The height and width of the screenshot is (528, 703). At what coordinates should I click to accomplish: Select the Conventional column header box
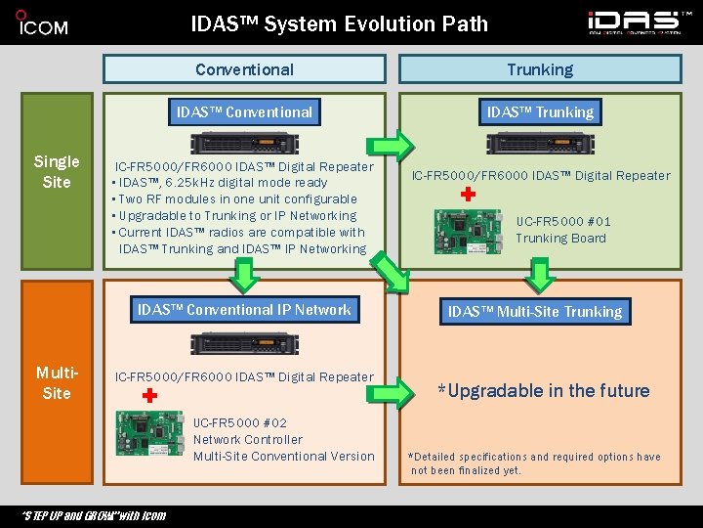coord(244,69)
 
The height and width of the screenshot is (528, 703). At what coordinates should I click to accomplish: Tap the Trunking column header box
coord(540,69)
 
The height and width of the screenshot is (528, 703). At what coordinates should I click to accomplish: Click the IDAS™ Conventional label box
coord(244,112)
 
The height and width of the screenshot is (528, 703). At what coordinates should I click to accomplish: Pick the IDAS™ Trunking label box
coord(540,112)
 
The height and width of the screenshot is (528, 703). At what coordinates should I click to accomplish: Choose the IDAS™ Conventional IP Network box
coord(244,311)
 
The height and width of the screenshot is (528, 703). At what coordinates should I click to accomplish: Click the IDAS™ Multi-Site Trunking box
coord(534,312)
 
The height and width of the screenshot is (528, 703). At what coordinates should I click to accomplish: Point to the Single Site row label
coord(57,171)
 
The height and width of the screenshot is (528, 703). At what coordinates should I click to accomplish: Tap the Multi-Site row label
coord(56,382)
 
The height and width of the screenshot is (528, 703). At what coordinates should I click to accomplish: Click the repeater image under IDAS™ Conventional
coord(244,144)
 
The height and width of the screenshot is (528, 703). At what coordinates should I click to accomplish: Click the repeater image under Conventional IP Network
coord(244,343)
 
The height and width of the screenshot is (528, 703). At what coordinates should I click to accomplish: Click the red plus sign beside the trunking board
coord(468,195)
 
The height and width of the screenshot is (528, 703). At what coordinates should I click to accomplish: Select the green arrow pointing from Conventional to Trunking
coord(394,146)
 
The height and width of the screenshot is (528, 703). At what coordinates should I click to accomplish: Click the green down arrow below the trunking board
coord(540,273)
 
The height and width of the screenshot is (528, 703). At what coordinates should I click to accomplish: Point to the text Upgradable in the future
coord(543,391)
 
